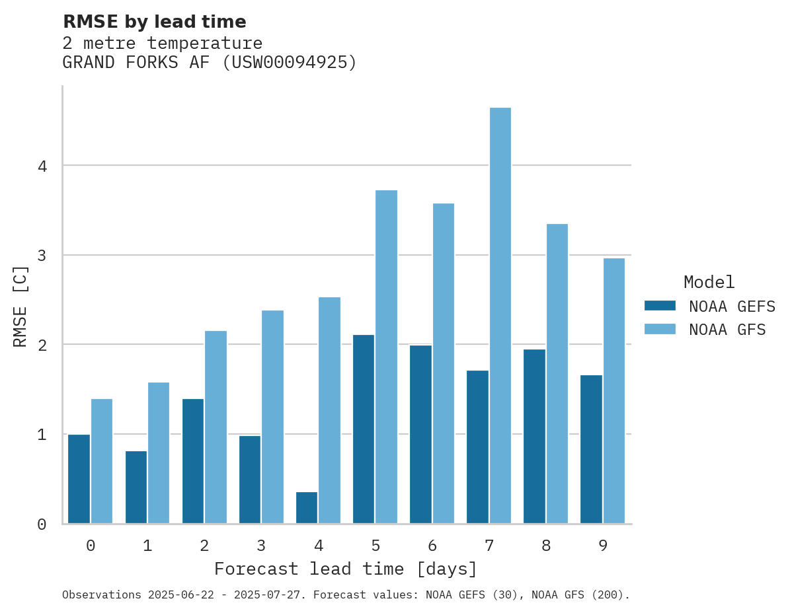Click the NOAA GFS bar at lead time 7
pyautogui.click(x=500, y=315)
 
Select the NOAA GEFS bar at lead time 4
pyautogui.click(x=307, y=507)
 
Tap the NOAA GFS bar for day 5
pyautogui.click(x=386, y=357)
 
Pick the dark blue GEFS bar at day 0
pyautogui.click(x=79, y=479)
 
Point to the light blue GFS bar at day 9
pyautogui.click(x=613, y=390)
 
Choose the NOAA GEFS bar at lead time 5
pyautogui.click(x=364, y=429)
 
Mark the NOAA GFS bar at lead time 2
pyautogui.click(x=216, y=427)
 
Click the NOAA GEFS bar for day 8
pyautogui.click(x=534, y=436)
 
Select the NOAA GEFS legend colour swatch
pyautogui.click(x=660, y=306)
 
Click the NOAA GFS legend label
pyautogui.click(x=727, y=330)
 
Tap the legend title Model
pyautogui.click(x=709, y=282)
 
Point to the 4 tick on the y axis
pyautogui.click(x=42, y=166)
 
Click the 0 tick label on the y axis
pyautogui.click(x=42, y=524)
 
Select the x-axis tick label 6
pyautogui.click(x=432, y=546)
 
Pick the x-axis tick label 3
pyautogui.click(x=261, y=546)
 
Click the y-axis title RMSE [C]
pyautogui.click(x=21, y=306)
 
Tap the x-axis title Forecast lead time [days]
pyautogui.click(x=345, y=569)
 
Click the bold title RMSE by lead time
pyautogui.click(x=154, y=22)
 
